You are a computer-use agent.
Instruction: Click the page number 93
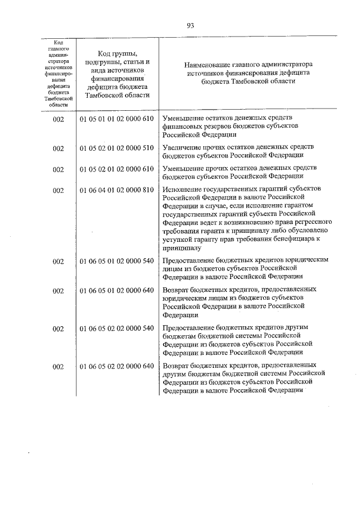(191, 25)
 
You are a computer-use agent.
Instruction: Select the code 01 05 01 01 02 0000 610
(116, 119)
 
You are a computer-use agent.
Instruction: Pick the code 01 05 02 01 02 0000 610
(116, 169)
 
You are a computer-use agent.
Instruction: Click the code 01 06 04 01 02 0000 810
(116, 190)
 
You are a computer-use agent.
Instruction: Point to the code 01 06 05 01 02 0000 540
(116, 261)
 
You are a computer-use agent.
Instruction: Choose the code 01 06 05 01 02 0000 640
(116, 290)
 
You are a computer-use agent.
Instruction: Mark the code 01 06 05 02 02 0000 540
(116, 327)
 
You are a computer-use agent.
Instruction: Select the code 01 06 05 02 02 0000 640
(116, 367)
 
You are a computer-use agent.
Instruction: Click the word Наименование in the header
(213, 65)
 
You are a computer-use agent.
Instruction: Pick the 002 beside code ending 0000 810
(58, 191)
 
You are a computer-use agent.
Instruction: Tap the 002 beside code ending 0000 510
(58, 148)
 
